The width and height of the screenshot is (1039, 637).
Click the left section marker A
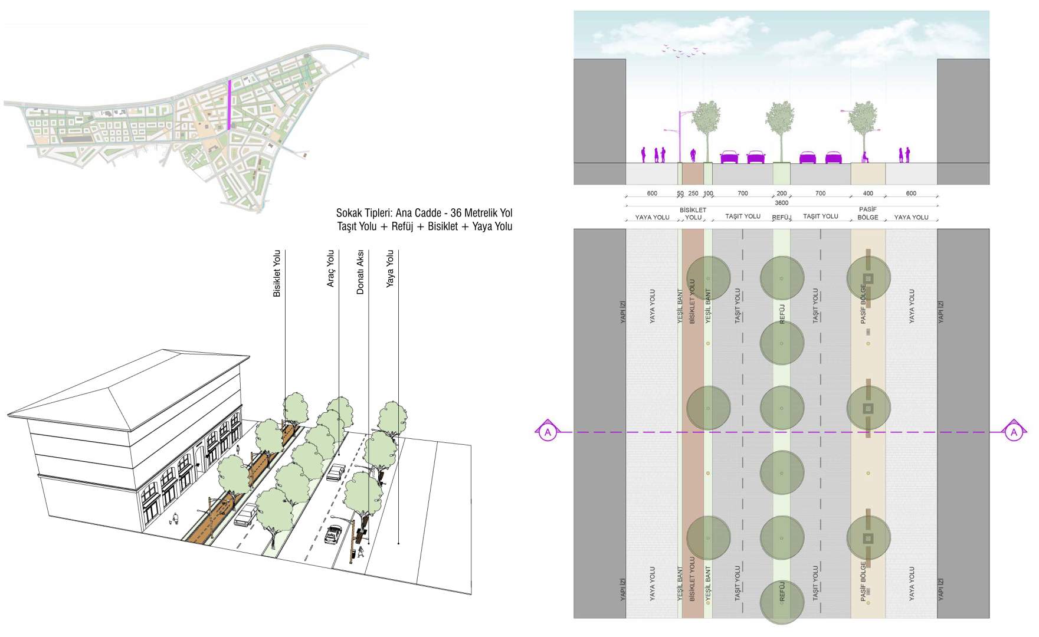[548, 432]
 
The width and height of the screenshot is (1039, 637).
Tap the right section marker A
[1014, 432]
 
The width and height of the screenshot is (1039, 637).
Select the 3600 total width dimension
[781, 203]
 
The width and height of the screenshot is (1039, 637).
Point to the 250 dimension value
[693, 193]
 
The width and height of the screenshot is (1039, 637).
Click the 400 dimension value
[868, 193]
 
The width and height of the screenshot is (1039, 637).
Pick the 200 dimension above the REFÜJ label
[782, 193]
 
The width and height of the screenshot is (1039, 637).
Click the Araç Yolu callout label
[330, 269]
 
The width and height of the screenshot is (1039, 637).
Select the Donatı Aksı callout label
[360, 272]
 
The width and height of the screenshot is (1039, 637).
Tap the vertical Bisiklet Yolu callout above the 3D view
[277, 274]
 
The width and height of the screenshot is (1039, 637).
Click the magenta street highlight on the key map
[229, 104]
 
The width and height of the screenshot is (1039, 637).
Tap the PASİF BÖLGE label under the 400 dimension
[867, 214]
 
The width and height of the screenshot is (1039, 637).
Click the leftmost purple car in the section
[729, 157]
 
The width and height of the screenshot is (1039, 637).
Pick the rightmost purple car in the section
[833, 157]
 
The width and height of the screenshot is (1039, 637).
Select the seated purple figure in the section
[866, 157]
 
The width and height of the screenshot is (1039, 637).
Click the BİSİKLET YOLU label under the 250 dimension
[693, 214]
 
